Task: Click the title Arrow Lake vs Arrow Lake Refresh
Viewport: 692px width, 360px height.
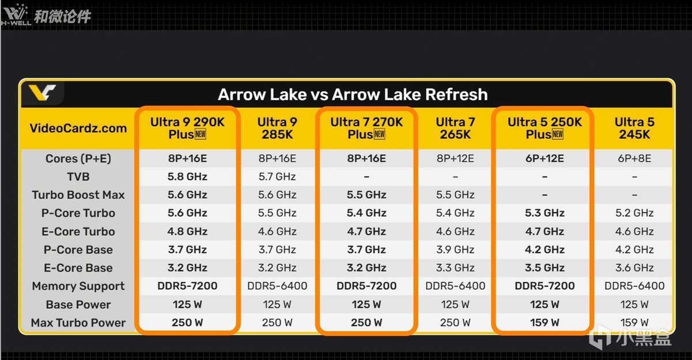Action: [x=353, y=94]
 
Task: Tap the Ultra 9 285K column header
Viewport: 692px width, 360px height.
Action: [x=277, y=128]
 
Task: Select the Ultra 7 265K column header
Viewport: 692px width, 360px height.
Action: [x=455, y=128]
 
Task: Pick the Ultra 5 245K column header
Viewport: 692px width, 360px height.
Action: [x=634, y=128]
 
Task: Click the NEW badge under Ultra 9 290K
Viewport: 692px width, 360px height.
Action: [x=201, y=134]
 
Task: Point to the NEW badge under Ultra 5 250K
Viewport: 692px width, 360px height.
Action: [x=558, y=134]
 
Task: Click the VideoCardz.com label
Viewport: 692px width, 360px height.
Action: [x=78, y=128]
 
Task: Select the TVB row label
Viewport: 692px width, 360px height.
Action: [x=78, y=177]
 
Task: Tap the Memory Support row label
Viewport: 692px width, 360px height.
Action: [x=78, y=286]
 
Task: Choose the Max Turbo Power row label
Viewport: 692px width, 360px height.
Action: [x=78, y=323]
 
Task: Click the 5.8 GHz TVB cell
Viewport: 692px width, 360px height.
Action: [x=187, y=177]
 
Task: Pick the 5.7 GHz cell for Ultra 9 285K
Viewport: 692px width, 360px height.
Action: [x=277, y=177]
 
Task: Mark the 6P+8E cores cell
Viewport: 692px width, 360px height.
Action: [x=634, y=158]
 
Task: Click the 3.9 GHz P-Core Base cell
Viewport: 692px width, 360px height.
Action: [x=455, y=249]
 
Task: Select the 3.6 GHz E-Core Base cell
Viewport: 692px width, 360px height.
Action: [x=634, y=268]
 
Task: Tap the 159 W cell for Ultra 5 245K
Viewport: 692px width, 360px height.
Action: [x=634, y=323]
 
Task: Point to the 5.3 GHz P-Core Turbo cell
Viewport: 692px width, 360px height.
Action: [x=544, y=213]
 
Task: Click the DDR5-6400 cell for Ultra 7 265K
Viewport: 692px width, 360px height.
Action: [x=455, y=286]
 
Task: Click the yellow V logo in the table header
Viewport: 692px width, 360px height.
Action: [x=42, y=93]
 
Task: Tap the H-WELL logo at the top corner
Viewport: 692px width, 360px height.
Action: [x=16, y=14]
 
